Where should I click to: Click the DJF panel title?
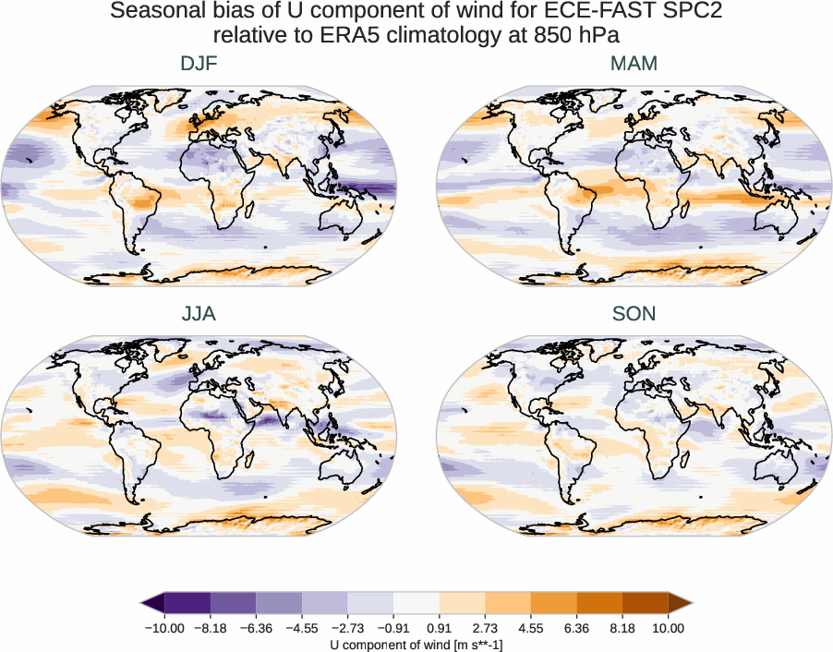[x=199, y=64]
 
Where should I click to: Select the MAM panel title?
[x=634, y=64]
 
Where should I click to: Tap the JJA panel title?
[x=199, y=314]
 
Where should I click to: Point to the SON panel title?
[x=634, y=314]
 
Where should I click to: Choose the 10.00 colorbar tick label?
[x=668, y=628]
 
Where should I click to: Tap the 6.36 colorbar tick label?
[x=577, y=628]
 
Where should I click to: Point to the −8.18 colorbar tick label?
[x=211, y=628]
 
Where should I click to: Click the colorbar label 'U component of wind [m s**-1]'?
[x=416, y=645]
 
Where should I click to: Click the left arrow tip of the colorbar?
[x=143, y=604]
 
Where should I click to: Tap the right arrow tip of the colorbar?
[x=690, y=604]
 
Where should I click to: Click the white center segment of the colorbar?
[x=416, y=604]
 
